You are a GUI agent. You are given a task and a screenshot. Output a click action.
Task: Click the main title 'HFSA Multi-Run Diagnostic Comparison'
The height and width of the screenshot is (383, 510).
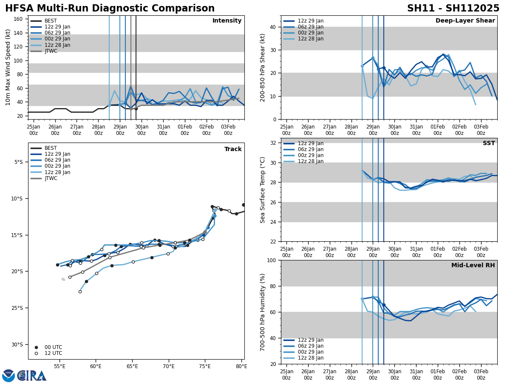point(110,9)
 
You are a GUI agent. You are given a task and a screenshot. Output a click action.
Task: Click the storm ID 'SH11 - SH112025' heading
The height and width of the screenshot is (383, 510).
point(453,9)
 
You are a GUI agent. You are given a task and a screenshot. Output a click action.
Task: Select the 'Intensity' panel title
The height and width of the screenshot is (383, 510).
point(227,21)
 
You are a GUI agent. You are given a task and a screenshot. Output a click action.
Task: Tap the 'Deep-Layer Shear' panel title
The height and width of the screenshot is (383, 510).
point(465,21)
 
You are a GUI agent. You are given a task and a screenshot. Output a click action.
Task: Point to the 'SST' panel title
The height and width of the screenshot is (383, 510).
point(489,143)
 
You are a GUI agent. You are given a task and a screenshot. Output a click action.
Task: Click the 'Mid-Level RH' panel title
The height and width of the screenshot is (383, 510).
point(473,266)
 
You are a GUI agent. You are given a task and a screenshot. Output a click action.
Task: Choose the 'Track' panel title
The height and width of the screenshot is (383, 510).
point(233,149)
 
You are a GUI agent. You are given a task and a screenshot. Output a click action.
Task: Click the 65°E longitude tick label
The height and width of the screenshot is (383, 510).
point(132,366)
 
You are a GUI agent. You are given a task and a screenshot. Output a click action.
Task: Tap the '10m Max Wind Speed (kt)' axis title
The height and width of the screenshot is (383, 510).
point(8,67)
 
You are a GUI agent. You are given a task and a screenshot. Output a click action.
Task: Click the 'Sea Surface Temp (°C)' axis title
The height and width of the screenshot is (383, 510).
point(263,190)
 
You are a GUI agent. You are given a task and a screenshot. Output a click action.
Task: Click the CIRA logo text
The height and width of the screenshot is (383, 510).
point(32,376)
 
